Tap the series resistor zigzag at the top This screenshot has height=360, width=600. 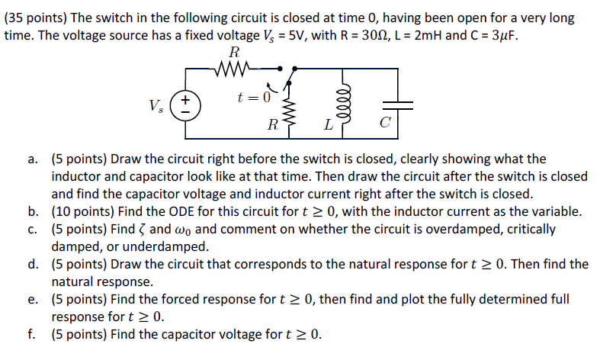[233, 71]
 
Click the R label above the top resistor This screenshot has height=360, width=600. [233, 53]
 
